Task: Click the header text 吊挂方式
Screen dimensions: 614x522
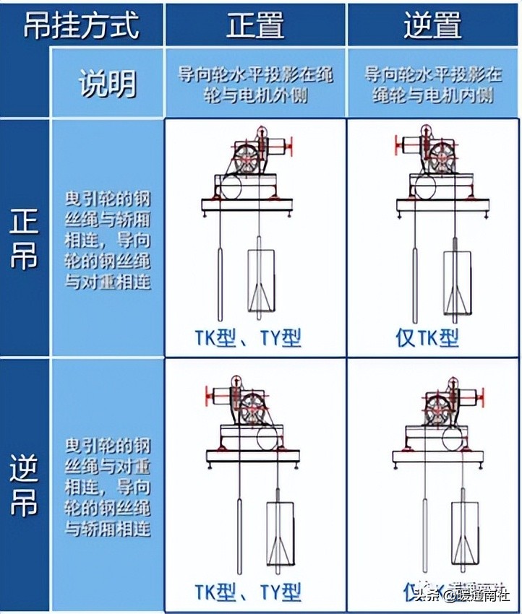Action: (x=81, y=25)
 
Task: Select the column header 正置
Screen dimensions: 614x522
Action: (x=255, y=25)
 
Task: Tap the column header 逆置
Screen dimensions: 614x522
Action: (x=432, y=25)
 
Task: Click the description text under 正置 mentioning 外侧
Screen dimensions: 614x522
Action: (x=255, y=84)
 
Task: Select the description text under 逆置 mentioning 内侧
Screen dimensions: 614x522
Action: (x=432, y=84)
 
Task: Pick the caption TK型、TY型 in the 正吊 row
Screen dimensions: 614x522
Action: (x=247, y=337)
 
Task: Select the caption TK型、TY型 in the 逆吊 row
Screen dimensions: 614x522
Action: (x=247, y=592)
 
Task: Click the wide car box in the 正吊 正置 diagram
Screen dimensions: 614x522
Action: (x=262, y=282)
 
